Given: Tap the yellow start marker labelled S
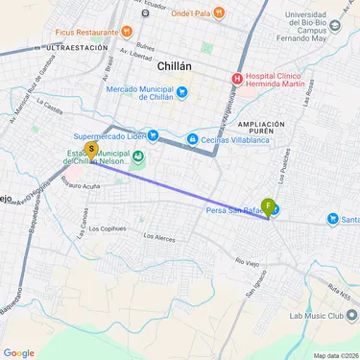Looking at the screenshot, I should (91, 150).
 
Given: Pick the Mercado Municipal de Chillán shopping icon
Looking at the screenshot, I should (182, 92).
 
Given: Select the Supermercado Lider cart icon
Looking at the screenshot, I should (152, 134).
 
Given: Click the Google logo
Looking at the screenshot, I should (19, 352).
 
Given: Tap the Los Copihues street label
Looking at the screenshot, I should (107, 228).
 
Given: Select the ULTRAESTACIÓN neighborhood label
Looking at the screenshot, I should (68, 46).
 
